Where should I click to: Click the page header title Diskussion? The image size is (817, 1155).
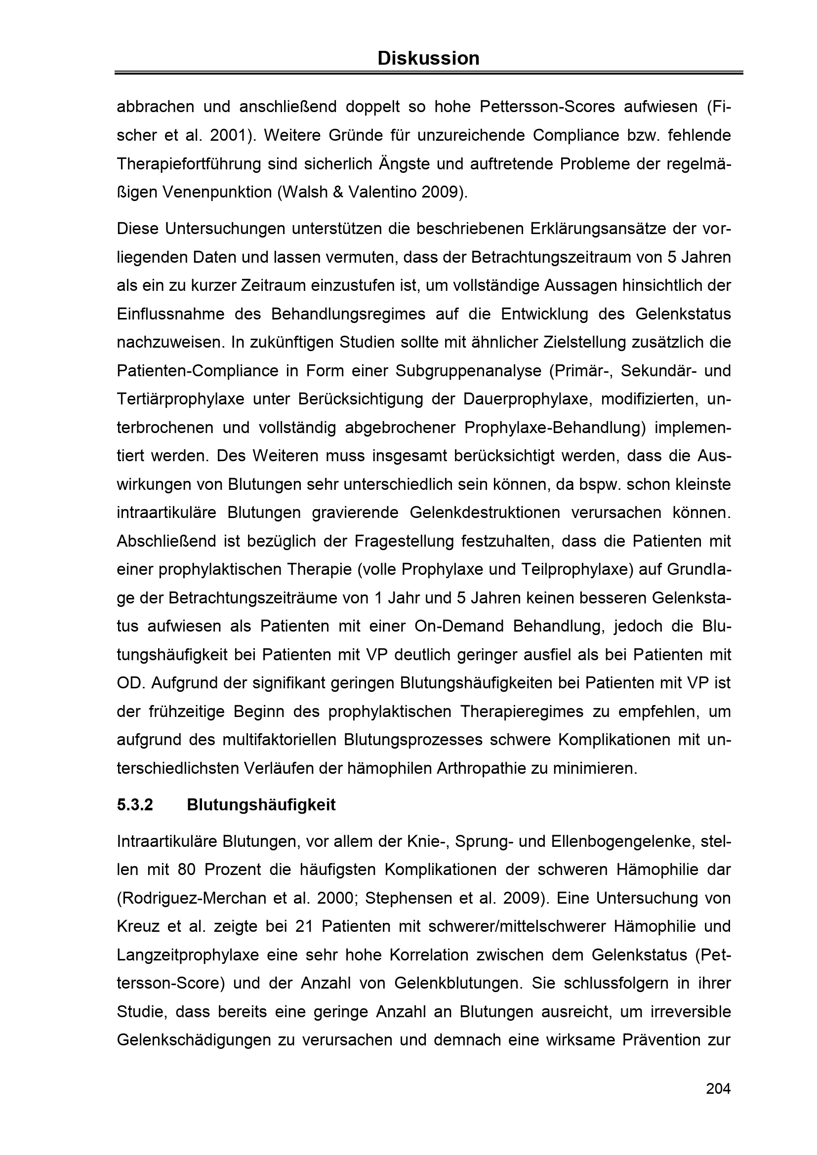(x=428, y=58)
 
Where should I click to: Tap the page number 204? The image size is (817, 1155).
(x=718, y=1089)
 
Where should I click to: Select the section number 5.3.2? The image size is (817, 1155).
(x=135, y=805)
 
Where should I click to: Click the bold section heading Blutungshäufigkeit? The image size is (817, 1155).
(x=261, y=805)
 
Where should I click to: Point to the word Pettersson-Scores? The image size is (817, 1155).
(x=547, y=107)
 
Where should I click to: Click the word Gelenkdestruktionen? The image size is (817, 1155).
(x=485, y=513)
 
